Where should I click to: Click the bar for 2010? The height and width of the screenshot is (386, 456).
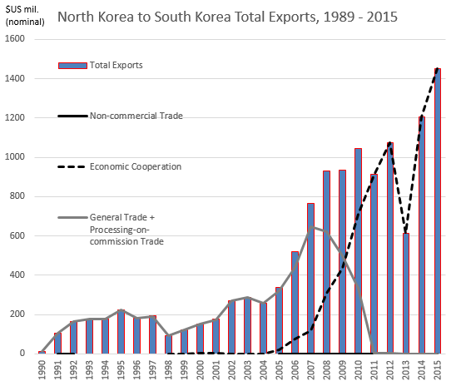click(x=358, y=250)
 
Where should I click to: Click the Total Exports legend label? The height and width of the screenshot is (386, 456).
click(x=116, y=65)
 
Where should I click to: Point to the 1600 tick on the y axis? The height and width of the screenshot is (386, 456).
click(x=19, y=40)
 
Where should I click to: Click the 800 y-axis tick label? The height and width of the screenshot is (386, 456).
click(x=22, y=196)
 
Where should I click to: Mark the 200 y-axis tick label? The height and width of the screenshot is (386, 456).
click(x=22, y=314)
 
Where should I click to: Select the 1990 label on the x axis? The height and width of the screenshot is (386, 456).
click(x=42, y=369)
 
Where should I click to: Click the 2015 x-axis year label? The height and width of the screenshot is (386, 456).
click(x=438, y=369)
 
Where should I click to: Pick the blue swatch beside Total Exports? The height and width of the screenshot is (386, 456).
click(x=72, y=65)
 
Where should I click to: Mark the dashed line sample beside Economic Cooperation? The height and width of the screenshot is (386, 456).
click(x=72, y=166)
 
